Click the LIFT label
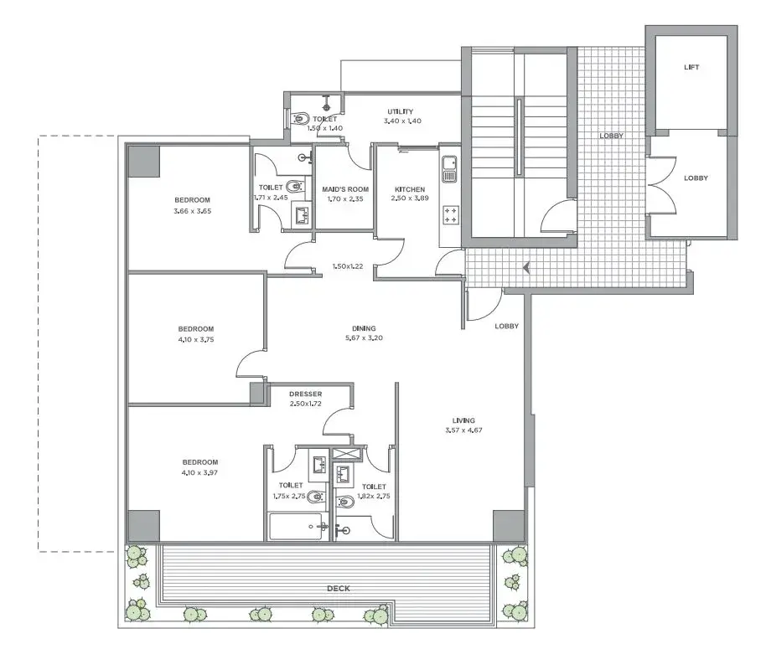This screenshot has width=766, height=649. coord(691,67)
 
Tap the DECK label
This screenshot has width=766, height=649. coord(338,589)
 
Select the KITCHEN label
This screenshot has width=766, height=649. coord(410,189)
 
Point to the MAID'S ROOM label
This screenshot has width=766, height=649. coord(345,189)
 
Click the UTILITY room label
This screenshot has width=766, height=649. coord(400,111)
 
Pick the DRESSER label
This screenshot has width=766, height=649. coord(305,394)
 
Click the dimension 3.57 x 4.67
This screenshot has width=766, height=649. coord(463,430)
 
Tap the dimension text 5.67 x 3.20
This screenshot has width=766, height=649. coord(364,337)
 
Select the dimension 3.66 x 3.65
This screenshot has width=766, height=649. coord(193,211)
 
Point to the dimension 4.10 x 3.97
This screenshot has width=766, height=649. coord(199,472)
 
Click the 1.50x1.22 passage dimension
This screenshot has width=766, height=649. coord(347,266)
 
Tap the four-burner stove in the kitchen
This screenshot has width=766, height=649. coord(450,215)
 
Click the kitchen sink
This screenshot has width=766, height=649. coord(449,169)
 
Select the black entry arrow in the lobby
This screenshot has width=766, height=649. coord(526,268)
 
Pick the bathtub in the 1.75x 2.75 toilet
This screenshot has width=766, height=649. coord(295,527)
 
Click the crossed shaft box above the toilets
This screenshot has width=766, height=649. coord(346,453)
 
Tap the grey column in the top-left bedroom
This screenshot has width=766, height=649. coord(143,161)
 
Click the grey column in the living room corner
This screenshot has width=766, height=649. coord(508,526)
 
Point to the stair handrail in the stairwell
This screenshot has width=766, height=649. coord(520,136)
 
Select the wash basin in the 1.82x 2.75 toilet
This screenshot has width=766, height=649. coord(344,473)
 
